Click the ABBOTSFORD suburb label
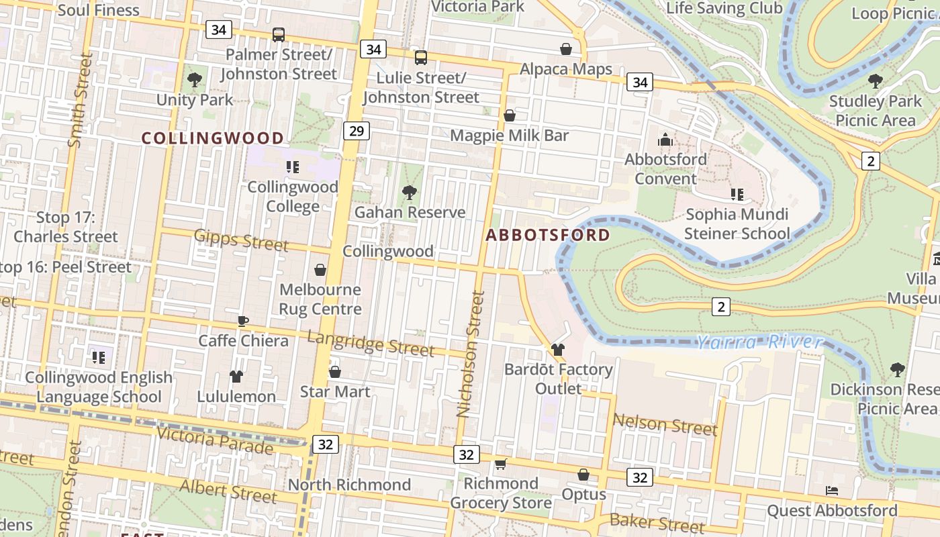click(x=547, y=235)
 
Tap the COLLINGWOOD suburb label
click(x=212, y=138)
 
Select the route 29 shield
click(x=356, y=131)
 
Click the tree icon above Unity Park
click(x=195, y=81)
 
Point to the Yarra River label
click(x=759, y=343)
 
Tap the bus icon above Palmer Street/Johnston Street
click(x=279, y=35)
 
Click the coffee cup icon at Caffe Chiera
click(x=243, y=321)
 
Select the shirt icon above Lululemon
click(x=236, y=377)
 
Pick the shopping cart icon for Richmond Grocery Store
click(x=500, y=464)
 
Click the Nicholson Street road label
click(x=470, y=354)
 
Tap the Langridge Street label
click(x=371, y=343)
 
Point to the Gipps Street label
click(x=241, y=240)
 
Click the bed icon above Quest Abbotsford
click(x=832, y=491)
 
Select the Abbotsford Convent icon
click(x=665, y=140)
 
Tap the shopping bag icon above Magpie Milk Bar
click(x=510, y=115)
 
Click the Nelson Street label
click(x=665, y=424)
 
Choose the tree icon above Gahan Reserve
click(x=410, y=193)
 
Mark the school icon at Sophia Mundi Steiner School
click(x=737, y=195)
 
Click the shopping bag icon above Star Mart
click(x=335, y=372)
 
